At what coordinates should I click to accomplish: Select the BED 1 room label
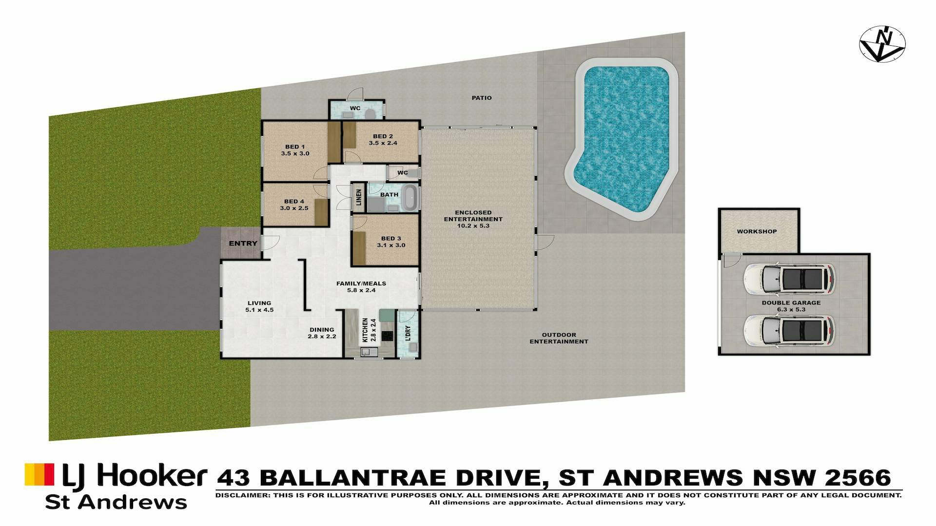pyautogui.click(x=295, y=150)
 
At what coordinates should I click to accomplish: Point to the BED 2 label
pyautogui.click(x=383, y=140)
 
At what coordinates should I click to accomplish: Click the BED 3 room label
pyautogui.click(x=391, y=242)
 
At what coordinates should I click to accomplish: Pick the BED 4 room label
pyautogui.click(x=294, y=205)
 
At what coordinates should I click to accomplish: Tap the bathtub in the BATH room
pyautogui.click(x=410, y=197)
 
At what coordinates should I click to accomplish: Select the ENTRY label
pyautogui.click(x=243, y=243)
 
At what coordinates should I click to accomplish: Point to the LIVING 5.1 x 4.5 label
pyautogui.click(x=259, y=306)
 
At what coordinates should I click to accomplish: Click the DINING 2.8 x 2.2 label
pyautogui.click(x=322, y=333)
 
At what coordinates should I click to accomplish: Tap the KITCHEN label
pyautogui.click(x=365, y=330)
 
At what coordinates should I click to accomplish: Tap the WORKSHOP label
pyautogui.click(x=757, y=231)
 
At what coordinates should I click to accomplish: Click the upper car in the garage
pyautogui.click(x=789, y=280)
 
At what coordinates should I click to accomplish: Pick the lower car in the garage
pyautogui.click(x=789, y=331)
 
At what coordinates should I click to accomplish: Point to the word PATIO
pyautogui.click(x=482, y=98)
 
